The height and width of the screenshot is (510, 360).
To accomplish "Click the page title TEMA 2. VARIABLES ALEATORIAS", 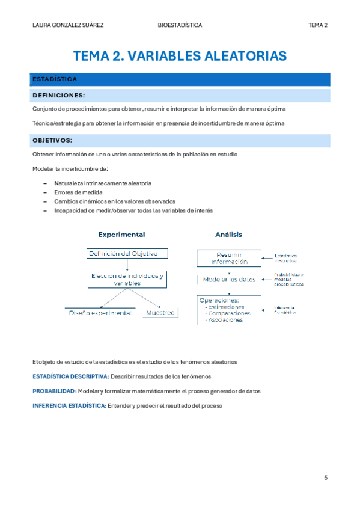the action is point(180,57).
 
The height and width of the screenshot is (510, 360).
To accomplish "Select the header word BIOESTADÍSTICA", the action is point(180,25).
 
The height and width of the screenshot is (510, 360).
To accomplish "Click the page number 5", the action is point(326,478).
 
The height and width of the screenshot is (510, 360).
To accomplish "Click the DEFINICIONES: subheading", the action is point(58,95).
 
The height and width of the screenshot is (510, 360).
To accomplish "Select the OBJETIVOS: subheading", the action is point(52,140).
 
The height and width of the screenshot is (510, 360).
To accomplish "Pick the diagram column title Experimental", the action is point(121,234).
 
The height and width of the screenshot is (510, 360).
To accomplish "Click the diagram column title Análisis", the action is point(228,234).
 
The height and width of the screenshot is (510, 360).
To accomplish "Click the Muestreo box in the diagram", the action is point(160,313).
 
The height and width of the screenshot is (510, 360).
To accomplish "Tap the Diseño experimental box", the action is point(99,313).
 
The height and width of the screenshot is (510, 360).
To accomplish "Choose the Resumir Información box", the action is point(229,258).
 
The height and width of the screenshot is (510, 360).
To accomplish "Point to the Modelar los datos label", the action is point(229,280).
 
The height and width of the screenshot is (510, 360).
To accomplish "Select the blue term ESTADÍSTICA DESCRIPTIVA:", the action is point(70,376).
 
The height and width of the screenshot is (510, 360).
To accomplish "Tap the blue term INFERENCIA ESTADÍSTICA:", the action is point(69,405).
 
